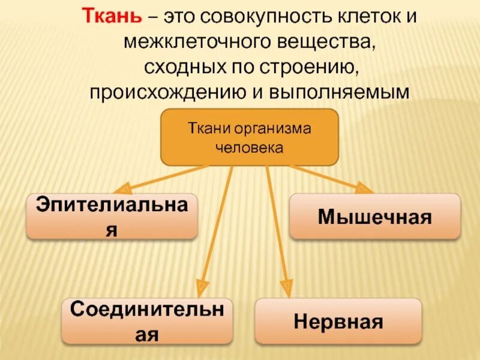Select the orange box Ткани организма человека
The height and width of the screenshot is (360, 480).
[249, 137]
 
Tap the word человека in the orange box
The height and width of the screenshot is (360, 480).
[249, 146]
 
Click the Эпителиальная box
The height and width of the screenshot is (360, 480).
[112, 216]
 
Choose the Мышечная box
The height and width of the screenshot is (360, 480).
[374, 216]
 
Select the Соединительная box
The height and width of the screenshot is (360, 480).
[147, 322]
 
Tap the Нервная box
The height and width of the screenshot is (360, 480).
[338, 321]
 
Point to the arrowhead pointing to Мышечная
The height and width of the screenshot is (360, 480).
[364, 189]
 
